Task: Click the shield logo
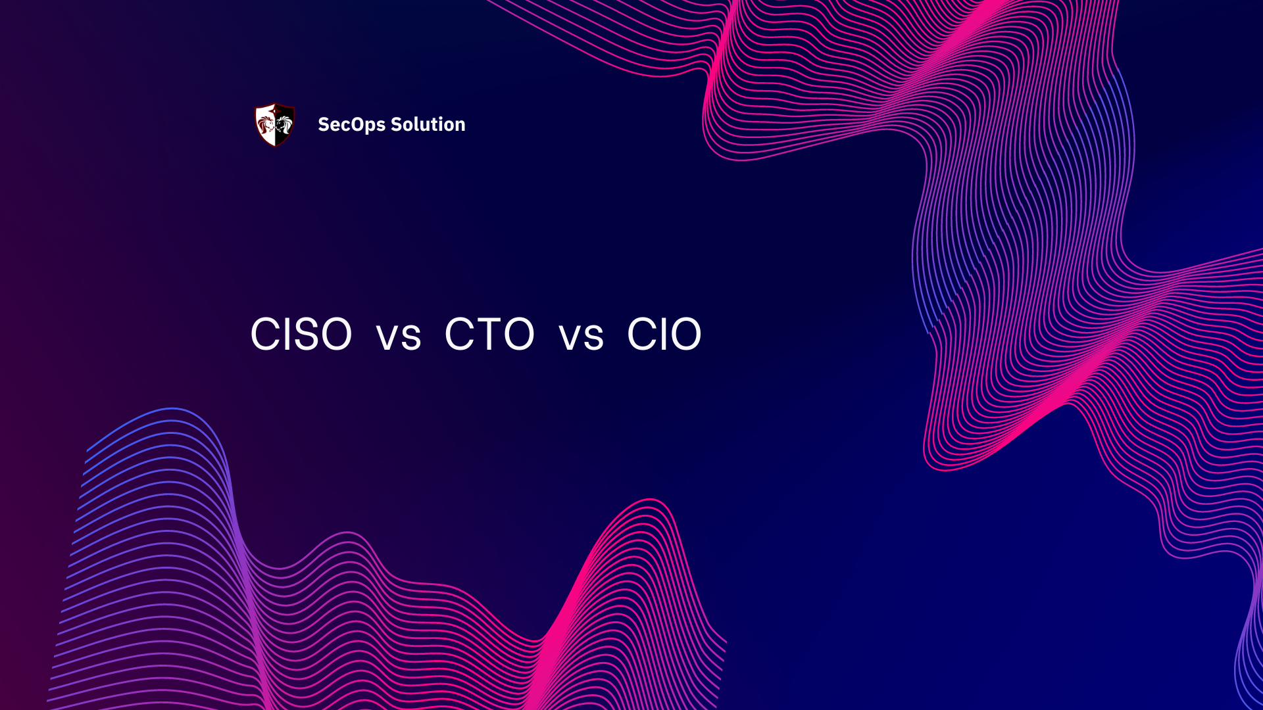click(274, 124)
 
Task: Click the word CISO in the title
click(301, 334)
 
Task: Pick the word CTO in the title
click(489, 334)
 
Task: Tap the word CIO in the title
click(664, 334)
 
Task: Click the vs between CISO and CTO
click(399, 337)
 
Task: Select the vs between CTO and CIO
click(581, 337)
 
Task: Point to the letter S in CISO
click(305, 334)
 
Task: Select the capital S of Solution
click(396, 124)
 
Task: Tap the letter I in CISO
click(284, 334)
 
